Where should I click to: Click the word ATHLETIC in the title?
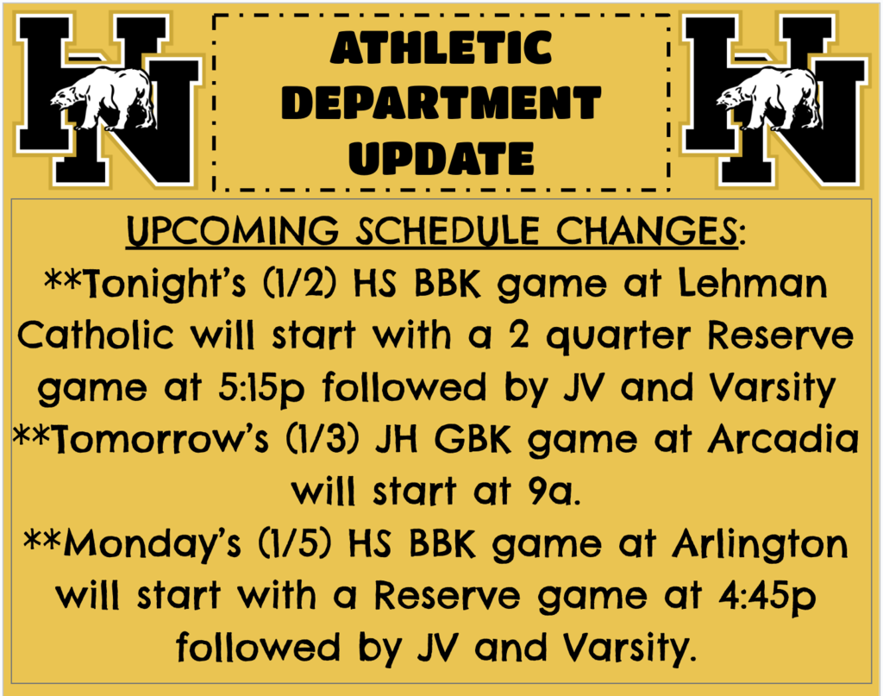point(441,48)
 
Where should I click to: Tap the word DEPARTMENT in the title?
point(441,103)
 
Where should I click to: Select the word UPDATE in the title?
point(441,158)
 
